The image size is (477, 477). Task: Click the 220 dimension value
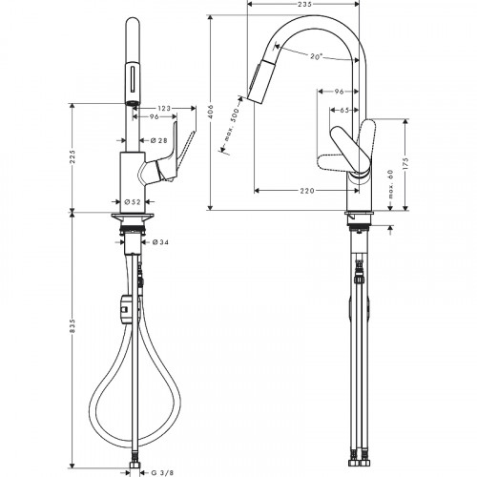(306, 191)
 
